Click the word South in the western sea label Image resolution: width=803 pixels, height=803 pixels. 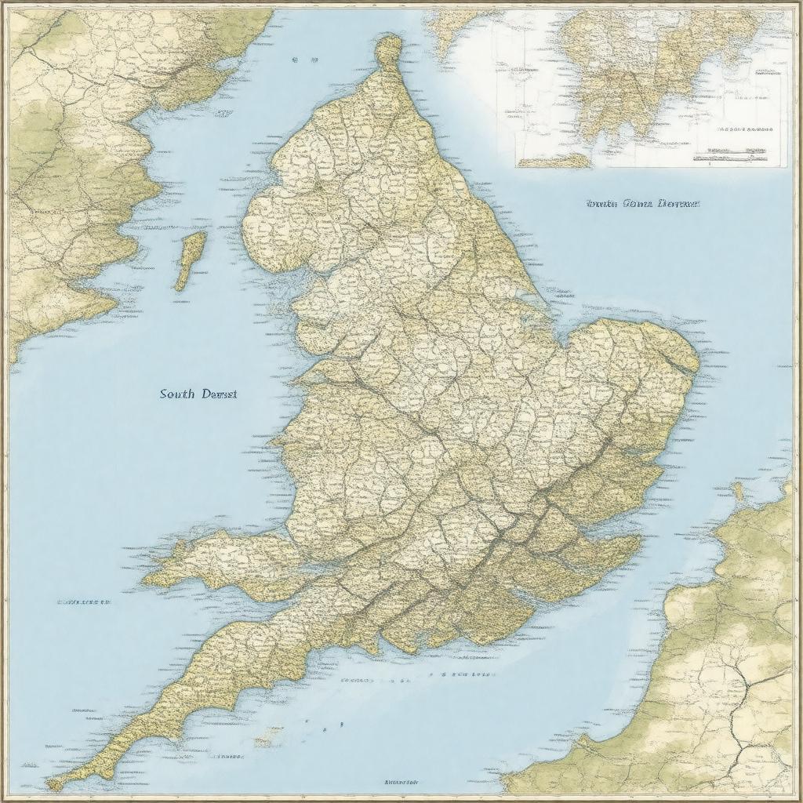click(x=178, y=394)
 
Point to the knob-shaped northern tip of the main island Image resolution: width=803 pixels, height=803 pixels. click(x=388, y=49)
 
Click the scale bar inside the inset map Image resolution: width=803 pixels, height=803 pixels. click(x=729, y=154)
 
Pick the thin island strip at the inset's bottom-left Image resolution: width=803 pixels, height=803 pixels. click(x=553, y=162)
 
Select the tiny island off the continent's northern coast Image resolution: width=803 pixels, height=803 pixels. click(x=738, y=491)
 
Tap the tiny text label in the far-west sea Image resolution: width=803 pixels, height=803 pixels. click(x=83, y=602)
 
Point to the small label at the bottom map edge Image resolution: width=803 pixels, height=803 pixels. click(x=401, y=782)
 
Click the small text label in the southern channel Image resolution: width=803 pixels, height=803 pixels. click(x=463, y=674)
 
